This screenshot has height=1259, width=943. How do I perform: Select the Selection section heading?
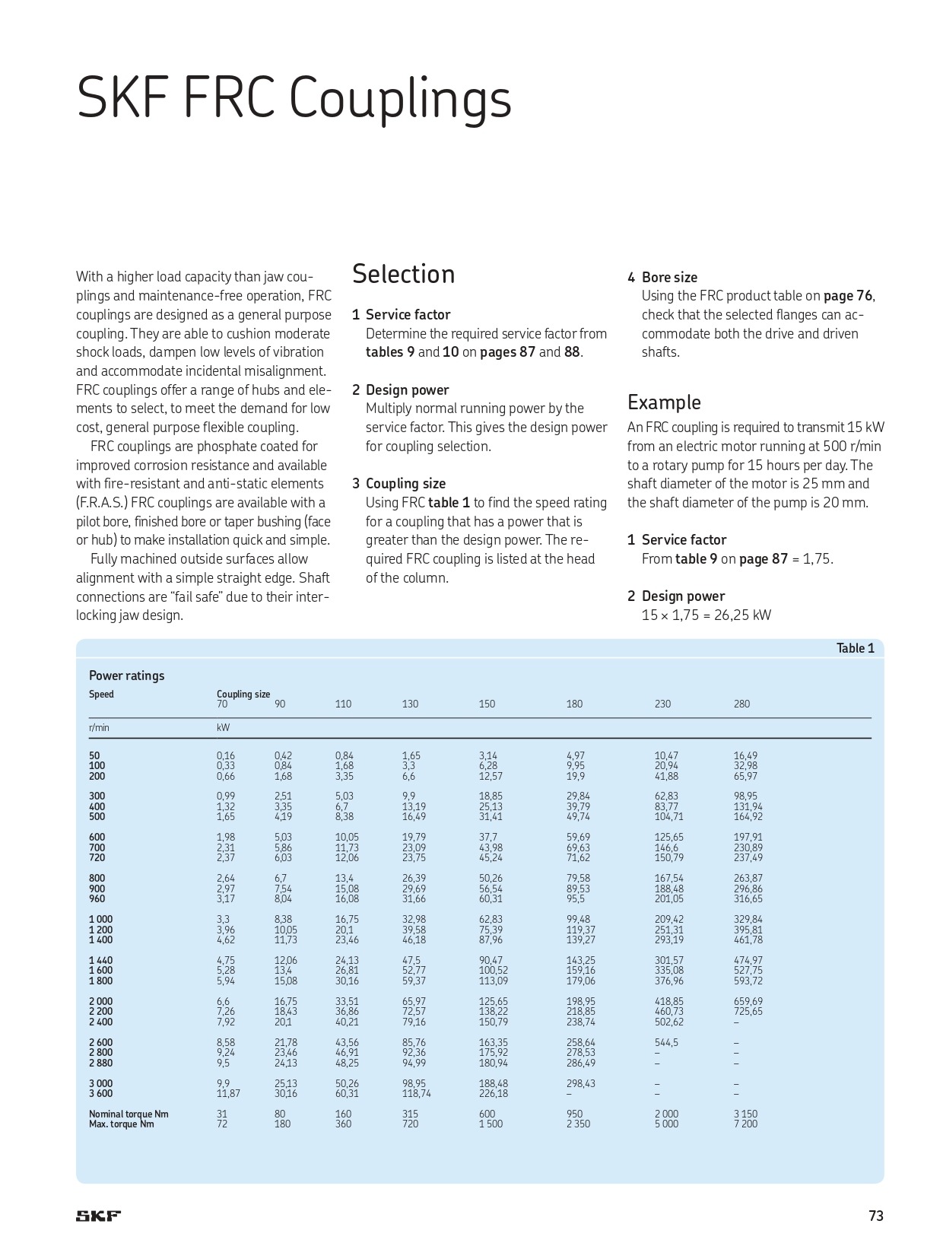403,274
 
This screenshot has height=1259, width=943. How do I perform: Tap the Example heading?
664,402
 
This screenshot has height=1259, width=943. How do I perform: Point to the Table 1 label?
856,648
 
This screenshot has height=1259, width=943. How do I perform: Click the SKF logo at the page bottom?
98,1216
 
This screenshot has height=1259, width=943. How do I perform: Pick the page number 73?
876,1216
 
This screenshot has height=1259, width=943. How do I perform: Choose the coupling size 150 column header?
487,704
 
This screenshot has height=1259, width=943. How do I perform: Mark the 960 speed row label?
97,898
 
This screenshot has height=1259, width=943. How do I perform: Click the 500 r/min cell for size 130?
414,816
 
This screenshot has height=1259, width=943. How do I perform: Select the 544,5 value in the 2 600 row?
666,1042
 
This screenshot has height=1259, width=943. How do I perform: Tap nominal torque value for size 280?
745,1114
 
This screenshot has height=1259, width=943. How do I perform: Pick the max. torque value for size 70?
222,1124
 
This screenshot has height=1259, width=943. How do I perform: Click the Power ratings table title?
126,676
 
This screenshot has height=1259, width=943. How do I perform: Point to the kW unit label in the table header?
223,727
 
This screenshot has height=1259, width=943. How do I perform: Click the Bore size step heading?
669,278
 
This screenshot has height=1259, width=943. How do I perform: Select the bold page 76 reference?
849,296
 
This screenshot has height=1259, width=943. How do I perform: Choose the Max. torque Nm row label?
121,1124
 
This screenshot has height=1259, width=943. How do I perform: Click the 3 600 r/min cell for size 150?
493,1093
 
